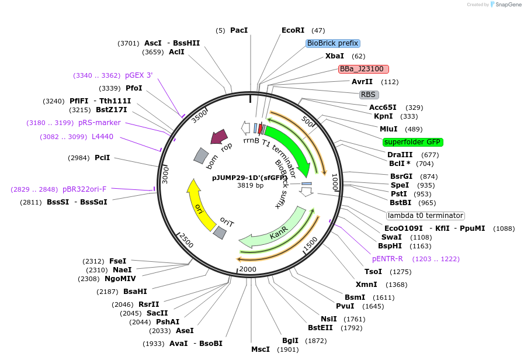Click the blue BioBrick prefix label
(x=332, y=43)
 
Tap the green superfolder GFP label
(x=413, y=142)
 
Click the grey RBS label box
(x=369, y=94)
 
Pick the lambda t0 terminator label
(x=425, y=215)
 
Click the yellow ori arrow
(x=197, y=204)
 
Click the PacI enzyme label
(x=239, y=30)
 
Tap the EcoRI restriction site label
(x=293, y=30)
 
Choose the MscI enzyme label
(x=261, y=349)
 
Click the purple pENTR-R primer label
(x=387, y=258)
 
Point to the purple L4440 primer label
(x=102, y=137)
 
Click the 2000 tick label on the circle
(x=248, y=269)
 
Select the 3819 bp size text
(x=250, y=185)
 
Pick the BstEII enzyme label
(x=320, y=327)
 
